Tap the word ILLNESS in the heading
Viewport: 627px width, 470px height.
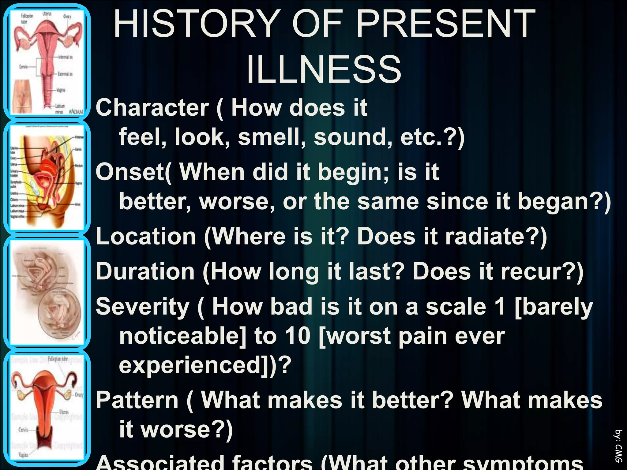tap(324, 70)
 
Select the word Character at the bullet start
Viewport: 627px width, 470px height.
tap(152, 108)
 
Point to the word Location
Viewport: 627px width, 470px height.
tap(146, 237)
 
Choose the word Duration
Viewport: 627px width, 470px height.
tap(145, 272)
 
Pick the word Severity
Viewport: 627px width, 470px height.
tap(143, 307)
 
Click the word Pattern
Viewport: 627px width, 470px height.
tap(137, 400)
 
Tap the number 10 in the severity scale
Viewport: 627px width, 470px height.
tap(297, 336)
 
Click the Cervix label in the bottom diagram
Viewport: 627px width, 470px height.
tap(23, 430)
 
